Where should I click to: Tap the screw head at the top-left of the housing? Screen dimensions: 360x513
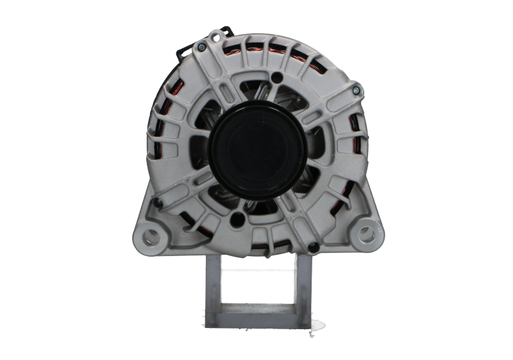click(203, 46)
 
